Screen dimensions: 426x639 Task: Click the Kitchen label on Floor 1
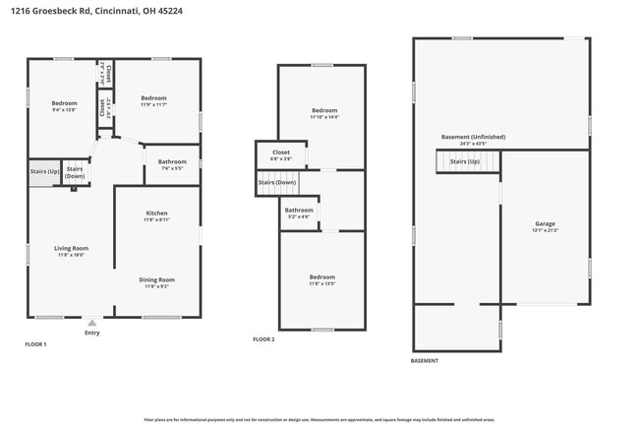[x=156, y=213]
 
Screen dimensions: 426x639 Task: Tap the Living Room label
[x=72, y=248]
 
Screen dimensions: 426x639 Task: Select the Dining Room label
[x=157, y=279]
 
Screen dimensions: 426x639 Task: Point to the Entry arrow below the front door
[x=91, y=322]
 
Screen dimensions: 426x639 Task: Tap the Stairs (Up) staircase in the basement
[x=465, y=161]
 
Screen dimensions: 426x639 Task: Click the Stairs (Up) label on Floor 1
[x=44, y=171]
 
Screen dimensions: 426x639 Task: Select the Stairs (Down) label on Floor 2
[x=277, y=183]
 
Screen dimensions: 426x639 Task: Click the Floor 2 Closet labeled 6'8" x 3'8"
[x=281, y=153]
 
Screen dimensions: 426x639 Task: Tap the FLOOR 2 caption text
[x=263, y=339]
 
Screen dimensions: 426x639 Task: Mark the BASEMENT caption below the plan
[x=425, y=361]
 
